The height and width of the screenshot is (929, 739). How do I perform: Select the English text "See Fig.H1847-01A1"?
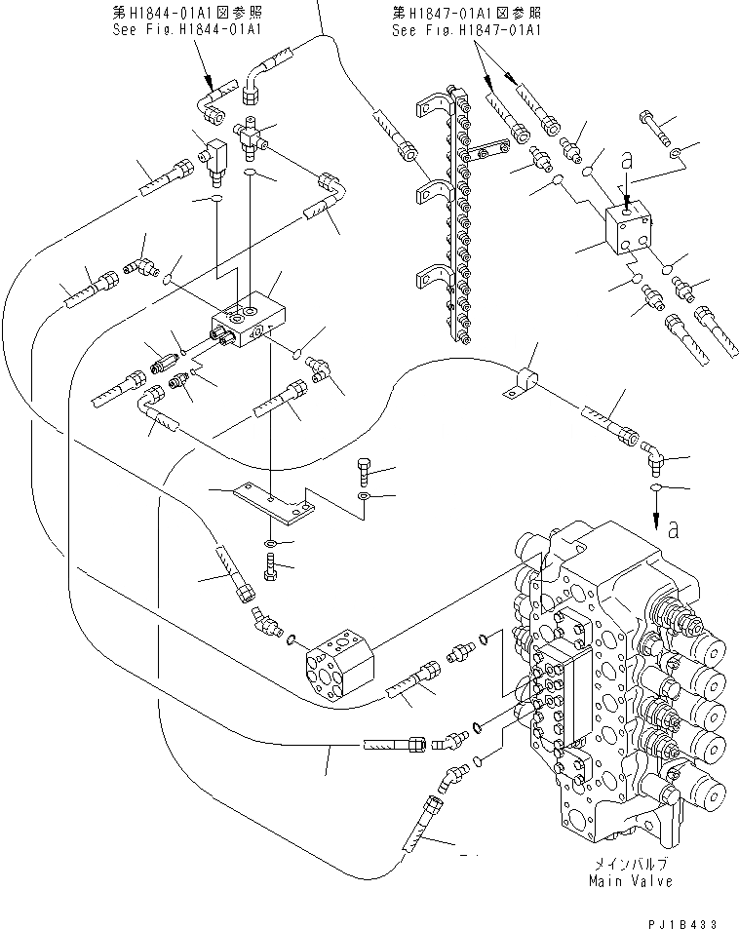(466, 30)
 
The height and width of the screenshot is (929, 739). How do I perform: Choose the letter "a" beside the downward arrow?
(673, 528)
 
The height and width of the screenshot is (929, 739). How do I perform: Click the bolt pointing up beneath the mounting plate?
(271, 564)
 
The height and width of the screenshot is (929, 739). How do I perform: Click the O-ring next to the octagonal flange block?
(291, 639)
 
